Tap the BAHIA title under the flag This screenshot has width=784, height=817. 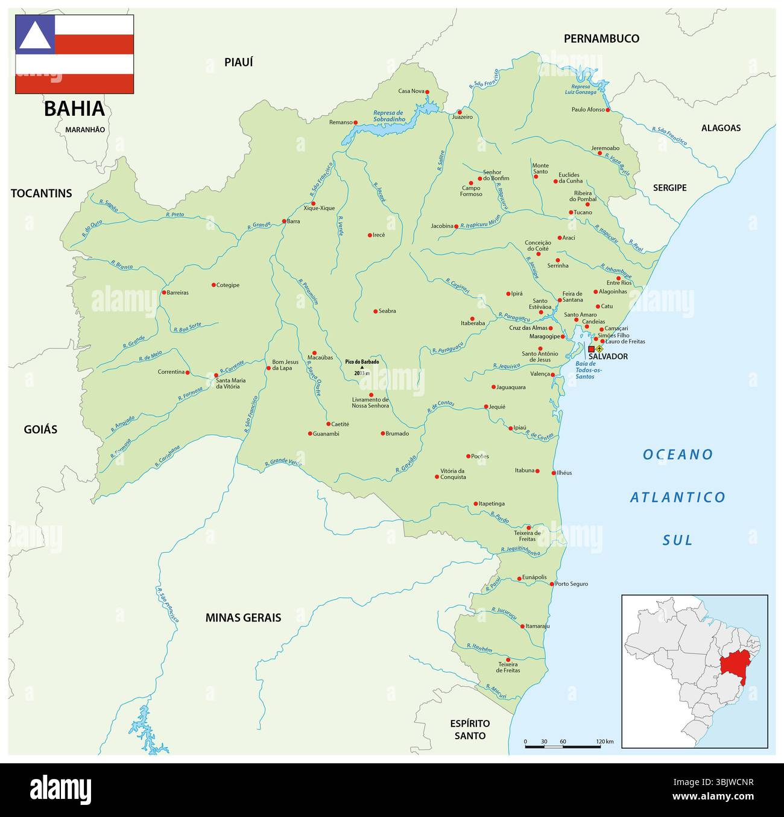click(x=74, y=109)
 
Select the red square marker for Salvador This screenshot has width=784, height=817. click(x=591, y=349)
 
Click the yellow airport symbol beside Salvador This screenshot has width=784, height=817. click(x=599, y=349)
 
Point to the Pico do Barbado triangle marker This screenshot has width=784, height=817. click(x=362, y=367)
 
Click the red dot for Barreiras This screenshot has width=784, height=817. click(x=163, y=293)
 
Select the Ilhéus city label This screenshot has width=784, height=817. click(x=564, y=473)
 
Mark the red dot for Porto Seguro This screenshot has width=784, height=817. click(x=552, y=584)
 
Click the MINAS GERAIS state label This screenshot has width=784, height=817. click(x=243, y=618)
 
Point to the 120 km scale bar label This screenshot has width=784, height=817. click(x=604, y=742)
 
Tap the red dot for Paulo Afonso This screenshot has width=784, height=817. click(x=608, y=110)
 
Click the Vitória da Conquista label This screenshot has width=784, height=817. click(x=453, y=474)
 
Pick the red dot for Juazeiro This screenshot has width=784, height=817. click(x=460, y=112)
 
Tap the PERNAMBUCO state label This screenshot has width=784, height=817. click(x=601, y=39)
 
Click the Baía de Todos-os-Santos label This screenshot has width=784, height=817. click(x=585, y=370)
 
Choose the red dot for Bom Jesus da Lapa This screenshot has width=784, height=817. click(x=268, y=368)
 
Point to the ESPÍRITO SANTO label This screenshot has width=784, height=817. click(x=470, y=730)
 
